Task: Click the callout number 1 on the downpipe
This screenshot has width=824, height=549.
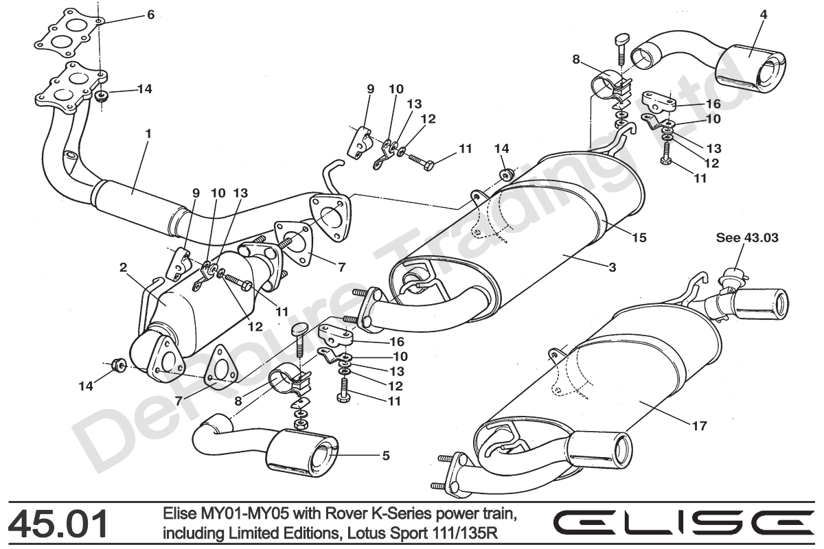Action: (148, 131)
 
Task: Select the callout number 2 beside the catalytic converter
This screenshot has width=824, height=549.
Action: (124, 268)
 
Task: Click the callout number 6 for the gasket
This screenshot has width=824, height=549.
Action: (150, 14)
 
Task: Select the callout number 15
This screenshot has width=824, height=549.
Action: (639, 237)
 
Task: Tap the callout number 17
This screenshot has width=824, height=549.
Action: (699, 426)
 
